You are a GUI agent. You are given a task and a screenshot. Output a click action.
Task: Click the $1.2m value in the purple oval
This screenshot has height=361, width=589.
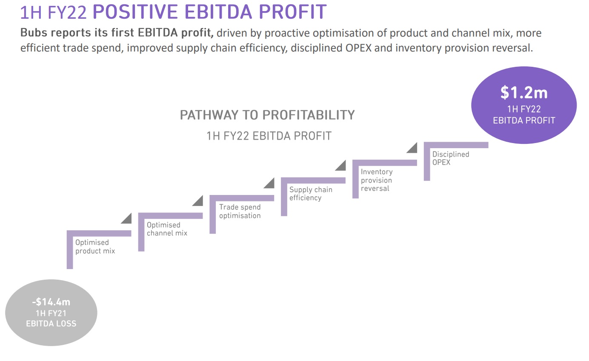(x=524, y=93)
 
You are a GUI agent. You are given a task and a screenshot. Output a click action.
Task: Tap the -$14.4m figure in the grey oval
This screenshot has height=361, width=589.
(x=51, y=302)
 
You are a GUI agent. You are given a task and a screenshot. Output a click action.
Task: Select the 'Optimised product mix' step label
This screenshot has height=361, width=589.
(x=95, y=246)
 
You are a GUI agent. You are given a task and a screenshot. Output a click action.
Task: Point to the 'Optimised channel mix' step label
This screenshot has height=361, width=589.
(x=167, y=229)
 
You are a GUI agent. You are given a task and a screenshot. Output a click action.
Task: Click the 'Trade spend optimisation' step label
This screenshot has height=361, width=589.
(x=240, y=211)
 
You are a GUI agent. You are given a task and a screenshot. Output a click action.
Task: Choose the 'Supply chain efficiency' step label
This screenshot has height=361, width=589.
(x=311, y=194)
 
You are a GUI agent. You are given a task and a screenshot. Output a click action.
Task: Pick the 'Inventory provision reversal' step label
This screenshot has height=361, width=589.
(x=377, y=180)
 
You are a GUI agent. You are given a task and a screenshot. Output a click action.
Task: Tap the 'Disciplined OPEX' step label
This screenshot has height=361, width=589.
(x=451, y=158)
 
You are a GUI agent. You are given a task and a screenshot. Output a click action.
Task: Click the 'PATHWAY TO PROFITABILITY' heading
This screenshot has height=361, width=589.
(x=267, y=115)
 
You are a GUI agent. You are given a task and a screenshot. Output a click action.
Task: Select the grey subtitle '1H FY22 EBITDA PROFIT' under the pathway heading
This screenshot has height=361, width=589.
(x=269, y=136)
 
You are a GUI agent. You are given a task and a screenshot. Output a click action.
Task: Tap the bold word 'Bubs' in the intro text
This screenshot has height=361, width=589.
(x=34, y=33)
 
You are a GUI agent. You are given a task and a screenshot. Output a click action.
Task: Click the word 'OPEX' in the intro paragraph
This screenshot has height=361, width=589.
(x=358, y=48)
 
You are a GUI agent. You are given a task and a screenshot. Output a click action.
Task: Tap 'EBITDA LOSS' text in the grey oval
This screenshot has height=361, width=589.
(x=51, y=324)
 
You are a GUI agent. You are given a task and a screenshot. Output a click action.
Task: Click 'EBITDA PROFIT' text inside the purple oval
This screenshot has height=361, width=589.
(x=524, y=120)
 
